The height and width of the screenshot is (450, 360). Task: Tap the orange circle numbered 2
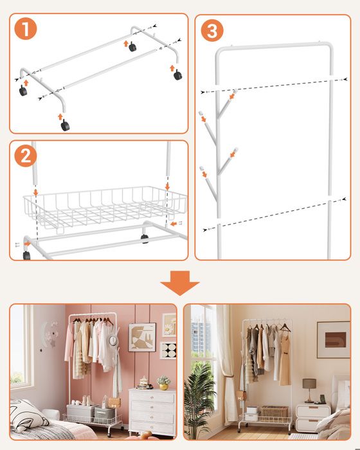point(26,156)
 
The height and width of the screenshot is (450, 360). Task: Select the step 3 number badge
point(212,30)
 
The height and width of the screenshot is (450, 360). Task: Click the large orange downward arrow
point(180,283)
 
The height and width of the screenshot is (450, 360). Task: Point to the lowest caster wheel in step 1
point(65,125)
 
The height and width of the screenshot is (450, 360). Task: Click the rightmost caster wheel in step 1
point(177,75)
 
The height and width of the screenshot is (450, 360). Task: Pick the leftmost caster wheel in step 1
point(23,91)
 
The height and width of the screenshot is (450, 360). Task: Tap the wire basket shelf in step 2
point(105,209)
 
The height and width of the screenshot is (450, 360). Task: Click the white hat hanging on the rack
point(113,340)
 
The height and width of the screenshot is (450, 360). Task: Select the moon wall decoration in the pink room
point(50,334)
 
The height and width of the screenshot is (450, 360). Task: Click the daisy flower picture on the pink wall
point(169,325)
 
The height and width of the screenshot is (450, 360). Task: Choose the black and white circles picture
point(168,350)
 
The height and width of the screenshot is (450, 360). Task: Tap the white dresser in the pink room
point(152,412)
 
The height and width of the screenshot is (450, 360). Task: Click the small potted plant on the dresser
point(163,383)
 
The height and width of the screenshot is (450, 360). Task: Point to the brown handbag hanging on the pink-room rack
point(114,402)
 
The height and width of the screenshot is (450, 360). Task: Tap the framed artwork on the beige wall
point(333,340)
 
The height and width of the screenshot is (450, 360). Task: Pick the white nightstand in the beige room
point(313,418)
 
